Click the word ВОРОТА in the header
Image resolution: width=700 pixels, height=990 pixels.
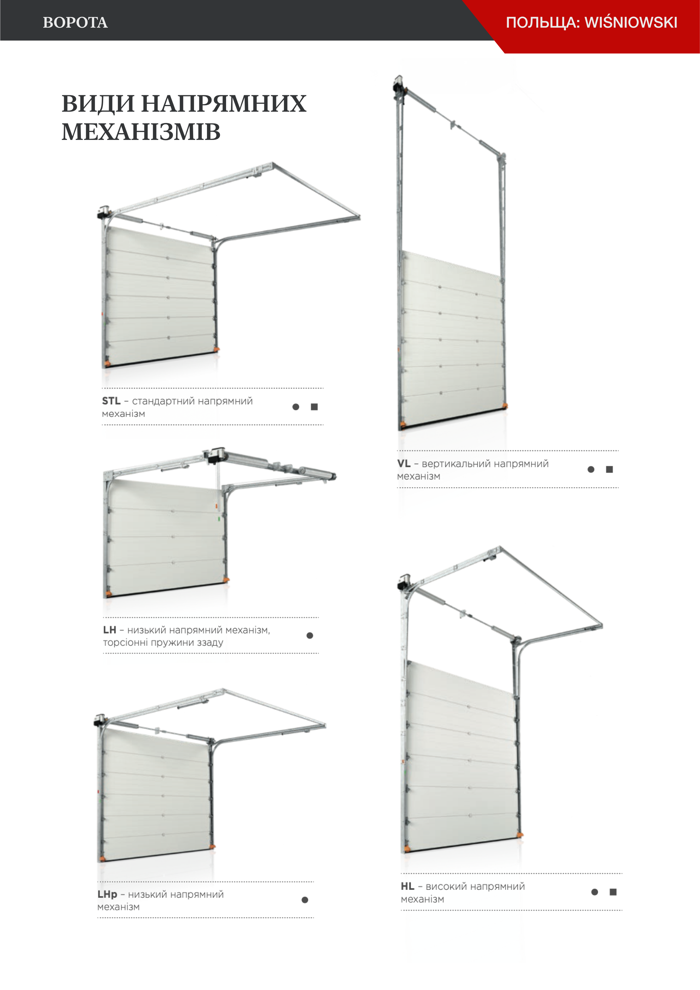pos(75,22)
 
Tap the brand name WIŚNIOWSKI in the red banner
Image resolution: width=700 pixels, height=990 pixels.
pos(631,22)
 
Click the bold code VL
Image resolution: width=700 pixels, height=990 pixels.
pos(404,464)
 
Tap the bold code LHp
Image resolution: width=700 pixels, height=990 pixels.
pos(107,895)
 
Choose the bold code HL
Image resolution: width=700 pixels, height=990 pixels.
pos(407,887)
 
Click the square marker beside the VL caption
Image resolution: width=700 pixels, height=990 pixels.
pos(609,469)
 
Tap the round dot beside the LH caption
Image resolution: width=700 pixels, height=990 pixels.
pos(310,636)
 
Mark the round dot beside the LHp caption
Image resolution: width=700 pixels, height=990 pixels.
pos(305,900)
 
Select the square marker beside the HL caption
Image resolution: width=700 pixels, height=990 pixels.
pos(613,892)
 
